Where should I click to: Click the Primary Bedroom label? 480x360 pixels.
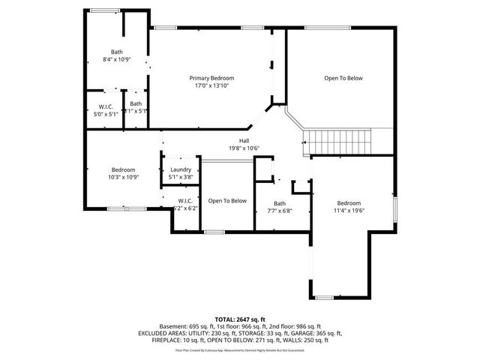211,78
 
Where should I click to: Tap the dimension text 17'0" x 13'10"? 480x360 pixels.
211,86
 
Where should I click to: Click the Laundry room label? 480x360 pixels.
181,169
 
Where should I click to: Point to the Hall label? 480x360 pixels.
244,140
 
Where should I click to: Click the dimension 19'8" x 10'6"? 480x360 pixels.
244,148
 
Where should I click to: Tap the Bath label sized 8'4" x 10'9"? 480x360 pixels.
116,52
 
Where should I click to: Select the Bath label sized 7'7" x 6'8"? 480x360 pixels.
279,203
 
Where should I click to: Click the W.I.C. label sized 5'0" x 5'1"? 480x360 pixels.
105,106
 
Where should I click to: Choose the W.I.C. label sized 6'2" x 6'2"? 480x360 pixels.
185,200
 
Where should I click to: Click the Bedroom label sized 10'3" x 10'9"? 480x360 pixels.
123,169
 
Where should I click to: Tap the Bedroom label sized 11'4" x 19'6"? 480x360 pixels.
349,203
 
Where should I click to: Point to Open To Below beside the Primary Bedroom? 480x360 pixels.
343,78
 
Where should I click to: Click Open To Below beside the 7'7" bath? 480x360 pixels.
227,200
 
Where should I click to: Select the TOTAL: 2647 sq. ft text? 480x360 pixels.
240,319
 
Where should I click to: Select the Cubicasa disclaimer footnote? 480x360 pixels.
240,349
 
